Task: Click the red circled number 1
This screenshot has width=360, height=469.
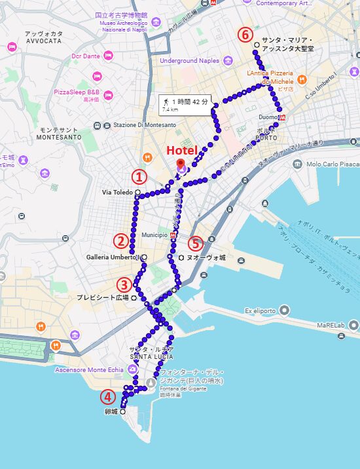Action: coord(138,176)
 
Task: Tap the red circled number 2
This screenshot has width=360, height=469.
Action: coord(120,240)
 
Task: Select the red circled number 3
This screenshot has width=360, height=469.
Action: coord(124,285)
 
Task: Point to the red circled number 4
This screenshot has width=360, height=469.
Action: coord(107,397)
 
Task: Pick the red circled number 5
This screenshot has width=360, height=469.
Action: coord(195,244)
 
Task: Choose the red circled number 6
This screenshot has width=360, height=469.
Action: coord(245,34)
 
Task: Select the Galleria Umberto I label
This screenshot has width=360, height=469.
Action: coord(113,257)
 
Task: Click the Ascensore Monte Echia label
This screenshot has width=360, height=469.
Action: coord(89,369)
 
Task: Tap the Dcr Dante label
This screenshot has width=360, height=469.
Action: coord(86,56)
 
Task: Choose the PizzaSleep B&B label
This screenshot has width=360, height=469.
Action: coord(77,92)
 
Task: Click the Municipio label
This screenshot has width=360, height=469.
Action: coord(154,235)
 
